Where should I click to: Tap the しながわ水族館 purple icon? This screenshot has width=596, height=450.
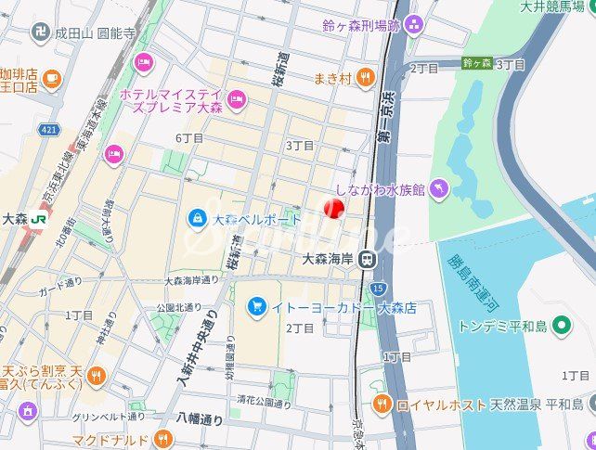(x=438, y=189)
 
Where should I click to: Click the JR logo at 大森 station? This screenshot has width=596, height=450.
(x=39, y=219)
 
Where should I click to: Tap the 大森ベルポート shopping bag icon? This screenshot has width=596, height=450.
(x=197, y=219)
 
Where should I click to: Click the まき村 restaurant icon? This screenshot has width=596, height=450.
(x=366, y=78)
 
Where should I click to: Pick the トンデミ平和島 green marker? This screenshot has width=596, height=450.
(x=562, y=326)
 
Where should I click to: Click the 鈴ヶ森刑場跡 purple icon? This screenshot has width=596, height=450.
(x=414, y=24)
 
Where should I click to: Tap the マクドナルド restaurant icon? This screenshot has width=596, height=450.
(x=163, y=438)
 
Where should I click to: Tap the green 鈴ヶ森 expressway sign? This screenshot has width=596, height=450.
(x=476, y=63)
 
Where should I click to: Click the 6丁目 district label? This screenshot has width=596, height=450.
(x=188, y=137)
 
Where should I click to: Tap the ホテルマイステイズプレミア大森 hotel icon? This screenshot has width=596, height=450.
(x=237, y=97)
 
